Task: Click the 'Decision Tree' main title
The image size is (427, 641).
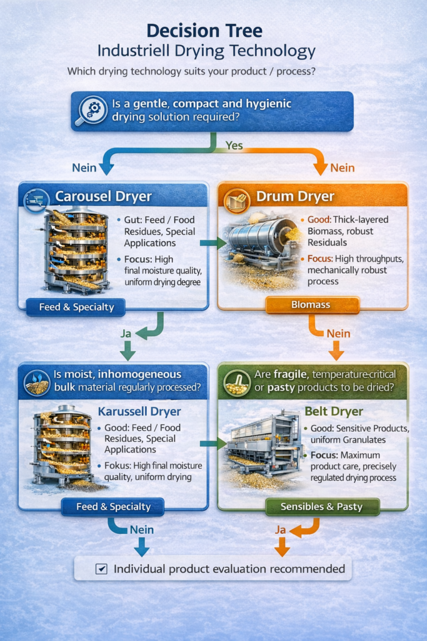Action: (213, 31)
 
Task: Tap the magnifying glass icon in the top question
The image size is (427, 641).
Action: (91, 111)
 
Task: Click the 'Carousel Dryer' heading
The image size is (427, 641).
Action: (103, 197)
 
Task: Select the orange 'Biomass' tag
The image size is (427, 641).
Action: (311, 305)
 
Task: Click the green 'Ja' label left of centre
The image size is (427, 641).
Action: (126, 334)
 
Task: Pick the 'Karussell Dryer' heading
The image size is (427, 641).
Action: (139, 412)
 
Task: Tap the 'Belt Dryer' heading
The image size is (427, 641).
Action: (334, 411)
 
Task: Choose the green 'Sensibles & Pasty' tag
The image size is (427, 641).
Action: (322, 506)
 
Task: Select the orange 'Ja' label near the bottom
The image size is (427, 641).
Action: (281, 530)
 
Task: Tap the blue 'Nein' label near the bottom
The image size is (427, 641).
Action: (142, 530)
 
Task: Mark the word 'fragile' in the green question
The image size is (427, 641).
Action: (293, 374)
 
